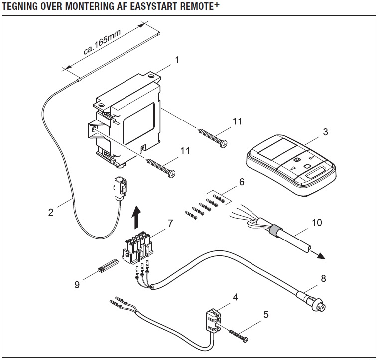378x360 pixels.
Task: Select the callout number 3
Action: coord(325,132)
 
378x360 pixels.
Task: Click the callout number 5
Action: coord(266,314)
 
